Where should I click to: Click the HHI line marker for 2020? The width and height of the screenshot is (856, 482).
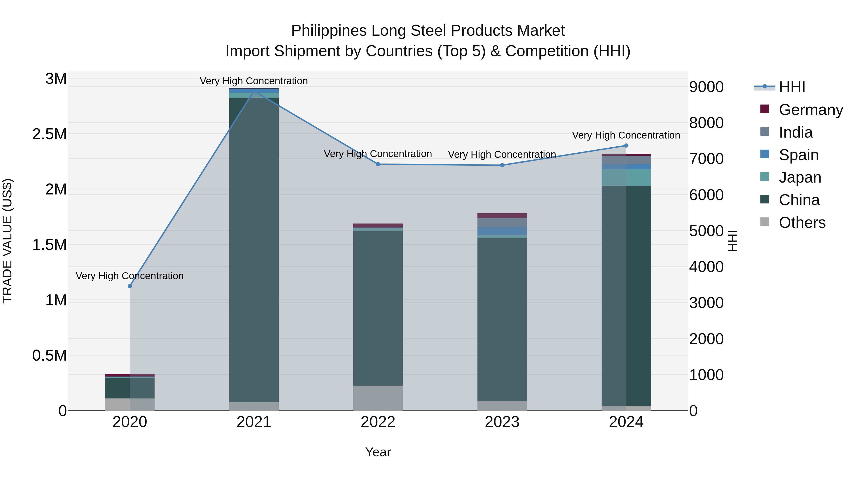130,286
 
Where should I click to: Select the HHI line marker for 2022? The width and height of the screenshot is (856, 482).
378,164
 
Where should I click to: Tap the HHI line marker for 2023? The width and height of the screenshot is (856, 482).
502,165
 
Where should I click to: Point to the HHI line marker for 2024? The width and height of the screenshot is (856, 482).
626,145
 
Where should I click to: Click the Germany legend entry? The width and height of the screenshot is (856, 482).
811,110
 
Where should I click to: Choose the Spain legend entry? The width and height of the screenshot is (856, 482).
798,155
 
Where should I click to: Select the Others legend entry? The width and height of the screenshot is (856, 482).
802,223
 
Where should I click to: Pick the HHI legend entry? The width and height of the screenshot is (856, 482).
792,87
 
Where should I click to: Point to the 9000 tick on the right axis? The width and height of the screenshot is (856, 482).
706,87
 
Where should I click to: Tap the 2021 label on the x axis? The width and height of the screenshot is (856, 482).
254,422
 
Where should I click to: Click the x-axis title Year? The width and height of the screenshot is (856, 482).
378,452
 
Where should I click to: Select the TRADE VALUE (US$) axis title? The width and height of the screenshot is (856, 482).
8,241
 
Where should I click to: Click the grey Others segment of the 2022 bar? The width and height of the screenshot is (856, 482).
378,398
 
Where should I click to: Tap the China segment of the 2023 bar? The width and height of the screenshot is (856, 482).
502,319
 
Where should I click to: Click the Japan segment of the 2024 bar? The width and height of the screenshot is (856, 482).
626,177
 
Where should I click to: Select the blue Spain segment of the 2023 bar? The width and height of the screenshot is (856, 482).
502,231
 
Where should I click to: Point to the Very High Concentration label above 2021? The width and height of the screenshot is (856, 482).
254,81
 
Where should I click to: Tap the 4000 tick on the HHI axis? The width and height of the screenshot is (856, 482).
706,267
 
